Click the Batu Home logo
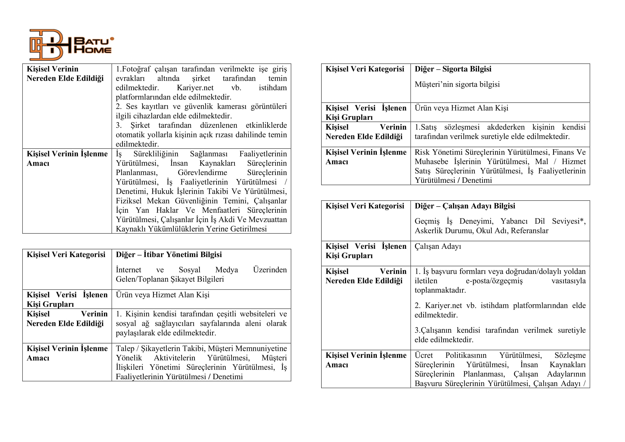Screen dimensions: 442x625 coord(71,45)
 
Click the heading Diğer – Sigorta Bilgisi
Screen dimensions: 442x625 coord(453,69)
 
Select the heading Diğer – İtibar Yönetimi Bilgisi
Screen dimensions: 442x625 coord(169,254)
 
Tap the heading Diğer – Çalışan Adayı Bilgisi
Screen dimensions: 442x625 coord(465,206)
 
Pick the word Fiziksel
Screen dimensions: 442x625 coord(129,201)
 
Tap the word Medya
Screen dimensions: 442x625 coord(227,270)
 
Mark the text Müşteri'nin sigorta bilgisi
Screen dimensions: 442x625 coord(457,84)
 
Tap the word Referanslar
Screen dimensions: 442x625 coord(529,231)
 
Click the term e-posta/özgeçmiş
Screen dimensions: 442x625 coord(494,281)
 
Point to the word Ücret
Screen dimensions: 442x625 coord(424,355)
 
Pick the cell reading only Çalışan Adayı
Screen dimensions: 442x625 coord(438,246)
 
